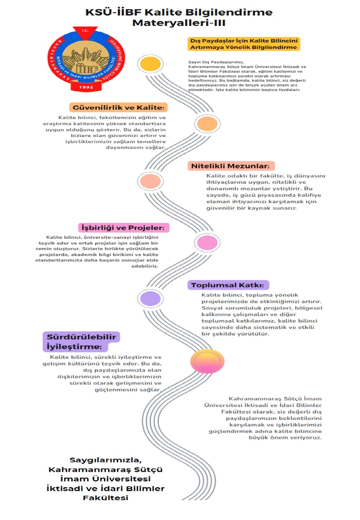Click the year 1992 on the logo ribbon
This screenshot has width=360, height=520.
(86, 87)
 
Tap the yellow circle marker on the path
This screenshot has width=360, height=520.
(150, 64)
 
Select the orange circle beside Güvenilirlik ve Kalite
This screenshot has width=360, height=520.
(207, 124)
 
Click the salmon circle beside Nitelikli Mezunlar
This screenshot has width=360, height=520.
(150, 181)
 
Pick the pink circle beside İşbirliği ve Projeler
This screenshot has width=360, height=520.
(207, 243)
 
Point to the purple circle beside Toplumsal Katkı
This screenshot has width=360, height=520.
(150, 298)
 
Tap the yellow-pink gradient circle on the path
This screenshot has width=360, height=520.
(207, 361)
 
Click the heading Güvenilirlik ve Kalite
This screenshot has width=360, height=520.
(118, 108)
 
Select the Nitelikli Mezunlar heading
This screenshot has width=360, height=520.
(230, 166)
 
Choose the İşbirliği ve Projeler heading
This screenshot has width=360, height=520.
(123, 228)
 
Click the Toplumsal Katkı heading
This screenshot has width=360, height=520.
(227, 285)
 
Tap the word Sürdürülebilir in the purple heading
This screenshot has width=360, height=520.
(81, 337)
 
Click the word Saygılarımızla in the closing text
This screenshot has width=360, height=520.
(105, 460)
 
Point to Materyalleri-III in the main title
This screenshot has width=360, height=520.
(179, 23)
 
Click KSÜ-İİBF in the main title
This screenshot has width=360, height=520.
(113, 12)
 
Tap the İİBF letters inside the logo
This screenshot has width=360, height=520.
(87, 68)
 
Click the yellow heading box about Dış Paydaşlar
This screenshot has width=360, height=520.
(244, 44)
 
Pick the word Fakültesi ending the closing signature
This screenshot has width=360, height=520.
(105, 498)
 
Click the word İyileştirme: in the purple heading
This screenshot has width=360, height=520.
(74, 347)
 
